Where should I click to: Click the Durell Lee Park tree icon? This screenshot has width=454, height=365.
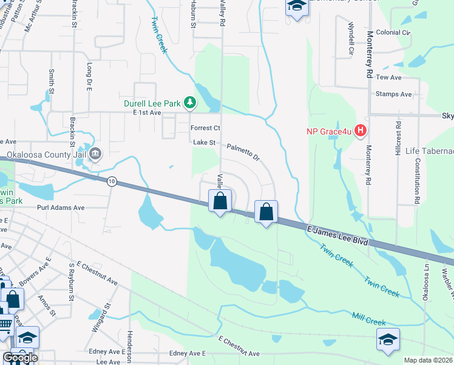(190, 102)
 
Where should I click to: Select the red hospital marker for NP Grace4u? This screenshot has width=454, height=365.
(361, 130)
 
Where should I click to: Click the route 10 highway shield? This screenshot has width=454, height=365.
(111, 181)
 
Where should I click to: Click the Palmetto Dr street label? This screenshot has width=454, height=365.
(243, 152)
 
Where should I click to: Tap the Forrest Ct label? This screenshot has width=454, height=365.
(205, 128)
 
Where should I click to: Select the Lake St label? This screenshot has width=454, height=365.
(205, 142)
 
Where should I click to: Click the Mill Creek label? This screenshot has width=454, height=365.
(369, 318)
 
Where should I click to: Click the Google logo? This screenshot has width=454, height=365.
(21, 358)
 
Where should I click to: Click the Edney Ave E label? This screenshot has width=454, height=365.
(188, 353)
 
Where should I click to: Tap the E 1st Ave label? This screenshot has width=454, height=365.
(143, 113)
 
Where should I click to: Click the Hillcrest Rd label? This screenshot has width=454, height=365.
(399, 138)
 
